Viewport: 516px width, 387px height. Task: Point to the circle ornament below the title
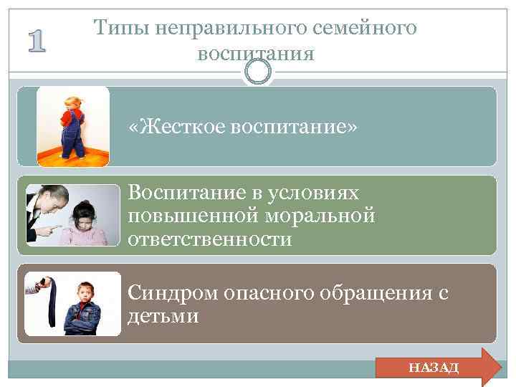[258, 72]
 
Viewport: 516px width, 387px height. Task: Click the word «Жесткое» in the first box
[176, 127]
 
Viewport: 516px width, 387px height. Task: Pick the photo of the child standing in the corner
[73, 126]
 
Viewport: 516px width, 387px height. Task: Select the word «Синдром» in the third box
[172, 294]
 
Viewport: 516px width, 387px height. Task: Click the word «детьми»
[163, 316]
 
